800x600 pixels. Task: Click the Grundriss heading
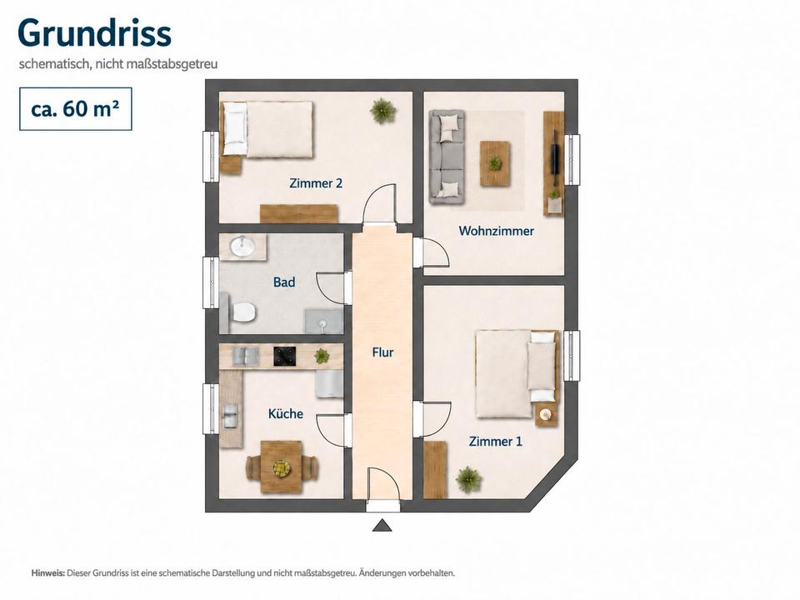pyautogui.click(x=94, y=33)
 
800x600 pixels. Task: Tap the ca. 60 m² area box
pyautogui.click(x=76, y=108)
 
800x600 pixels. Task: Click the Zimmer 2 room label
pyautogui.click(x=316, y=182)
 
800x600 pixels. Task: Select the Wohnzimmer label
pyautogui.click(x=496, y=231)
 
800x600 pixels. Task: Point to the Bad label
pyautogui.click(x=284, y=282)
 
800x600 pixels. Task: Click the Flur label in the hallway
pyautogui.click(x=382, y=352)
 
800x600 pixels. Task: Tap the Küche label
pyautogui.click(x=286, y=413)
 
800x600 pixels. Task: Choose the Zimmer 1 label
pyautogui.click(x=495, y=442)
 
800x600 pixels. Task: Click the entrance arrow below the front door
pyautogui.click(x=382, y=526)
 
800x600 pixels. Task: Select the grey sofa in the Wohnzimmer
pyautogui.click(x=447, y=157)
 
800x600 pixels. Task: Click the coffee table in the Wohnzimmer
pyautogui.click(x=495, y=164)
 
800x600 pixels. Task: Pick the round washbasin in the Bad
pyautogui.click(x=242, y=247)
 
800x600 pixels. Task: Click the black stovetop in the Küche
pyautogui.click(x=285, y=356)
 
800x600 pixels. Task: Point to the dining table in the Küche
pyautogui.click(x=281, y=467)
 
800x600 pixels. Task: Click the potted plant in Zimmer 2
pyautogui.click(x=382, y=110)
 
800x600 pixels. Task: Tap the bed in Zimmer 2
pyautogui.click(x=267, y=130)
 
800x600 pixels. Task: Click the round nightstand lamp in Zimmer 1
pyautogui.click(x=546, y=414)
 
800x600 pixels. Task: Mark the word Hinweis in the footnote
pyautogui.click(x=48, y=573)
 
